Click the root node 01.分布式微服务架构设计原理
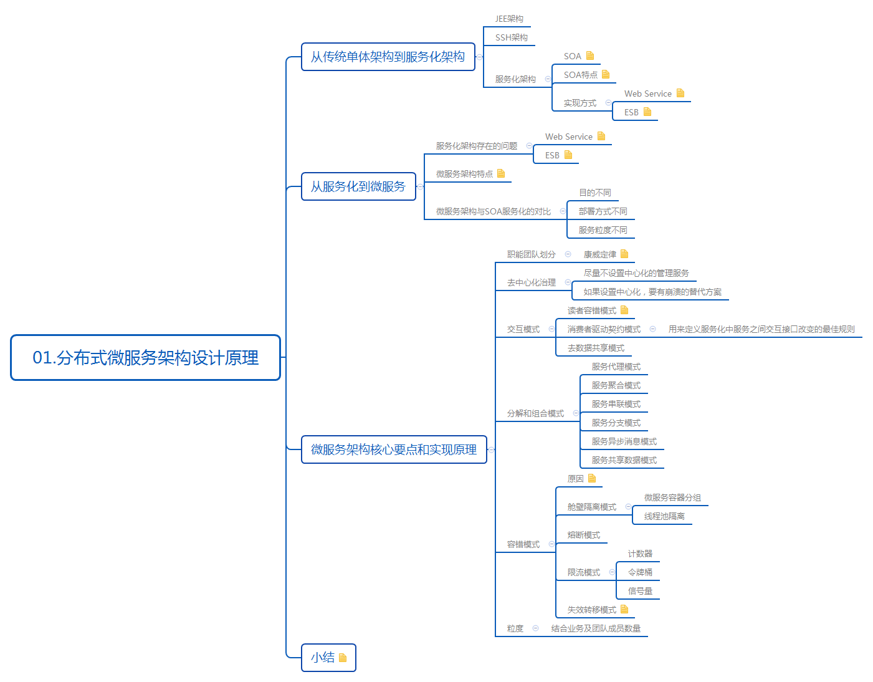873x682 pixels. pyautogui.click(x=145, y=358)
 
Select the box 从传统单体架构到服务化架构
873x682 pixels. pyautogui.click(x=388, y=57)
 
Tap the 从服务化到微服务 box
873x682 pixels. pyautogui.click(x=358, y=186)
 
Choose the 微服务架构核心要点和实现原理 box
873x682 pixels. pyautogui.click(x=394, y=449)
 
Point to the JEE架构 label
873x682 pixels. pyautogui.click(x=509, y=19)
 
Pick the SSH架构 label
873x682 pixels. pyautogui.click(x=511, y=37)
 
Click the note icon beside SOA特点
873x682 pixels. pyautogui.click(x=606, y=74)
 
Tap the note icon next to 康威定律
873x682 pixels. pyautogui.click(x=624, y=254)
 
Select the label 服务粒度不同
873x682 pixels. pyautogui.click(x=603, y=230)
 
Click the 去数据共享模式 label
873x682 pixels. pyautogui.click(x=596, y=348)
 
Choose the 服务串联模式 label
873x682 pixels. pyautogui.click(x=616, y=404)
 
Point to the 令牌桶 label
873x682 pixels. pyautogui.click(x=640, y=572)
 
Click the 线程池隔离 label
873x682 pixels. pyautogui.click(x=664, y=516)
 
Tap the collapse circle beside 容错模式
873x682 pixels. pyautogui.click(x=551, y=544)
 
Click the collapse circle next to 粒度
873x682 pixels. pyautogui.click(x=535, y=628)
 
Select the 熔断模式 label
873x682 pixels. pyautogui.click(x=584, y=535)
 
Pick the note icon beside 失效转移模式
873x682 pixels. pyautogui.click(x=624, y=609)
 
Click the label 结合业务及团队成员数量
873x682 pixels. pyautogui.click(x=596, y=628)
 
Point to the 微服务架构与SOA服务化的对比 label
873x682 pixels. pyautogui.click(x=494, y=211)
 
